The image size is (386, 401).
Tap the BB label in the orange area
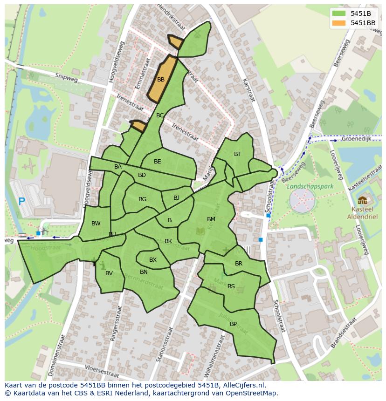click(x=161, y=80)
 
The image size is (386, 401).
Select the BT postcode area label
click(x=237, y=154)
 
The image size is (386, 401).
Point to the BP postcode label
click(x=233, y=324)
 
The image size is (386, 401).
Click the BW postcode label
click(x=96, y=224)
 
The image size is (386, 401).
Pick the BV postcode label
click(x=109, y=273)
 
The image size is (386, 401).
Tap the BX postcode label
click(x=153, y=260)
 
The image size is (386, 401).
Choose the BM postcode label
click(x=211, y=219)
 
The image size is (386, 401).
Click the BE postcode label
click(x=158, y=162)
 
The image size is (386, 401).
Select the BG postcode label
click(x=142, y=199)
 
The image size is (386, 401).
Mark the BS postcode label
click(x=231, y=286)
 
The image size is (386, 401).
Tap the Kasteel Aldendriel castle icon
click(x=362, y=200)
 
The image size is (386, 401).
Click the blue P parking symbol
click(x=21, y=202)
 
